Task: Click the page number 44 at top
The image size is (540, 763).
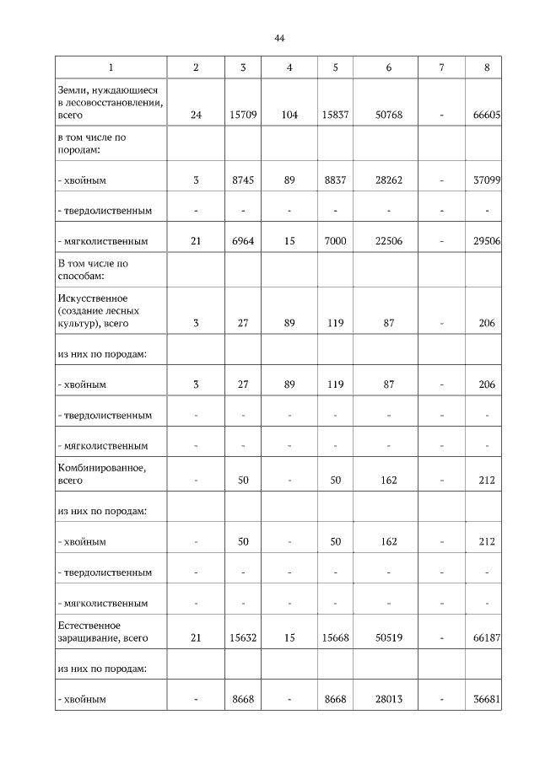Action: pos(280,38)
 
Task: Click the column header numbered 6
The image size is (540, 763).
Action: pos(388,67)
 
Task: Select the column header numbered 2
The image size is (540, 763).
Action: pos(196,67)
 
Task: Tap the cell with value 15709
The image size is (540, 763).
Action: pos(242,116)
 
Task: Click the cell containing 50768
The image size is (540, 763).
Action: pos(388,116)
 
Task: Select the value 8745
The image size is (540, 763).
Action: pos(242,180)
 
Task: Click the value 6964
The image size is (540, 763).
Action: pos(242,241)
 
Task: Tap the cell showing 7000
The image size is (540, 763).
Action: pos(335,241)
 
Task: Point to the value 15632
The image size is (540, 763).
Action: pos(242,638)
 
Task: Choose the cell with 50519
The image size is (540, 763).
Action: pos(388,638)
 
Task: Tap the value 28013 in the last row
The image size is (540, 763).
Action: pos(388,699)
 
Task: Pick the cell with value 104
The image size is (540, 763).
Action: pos(289,116)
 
